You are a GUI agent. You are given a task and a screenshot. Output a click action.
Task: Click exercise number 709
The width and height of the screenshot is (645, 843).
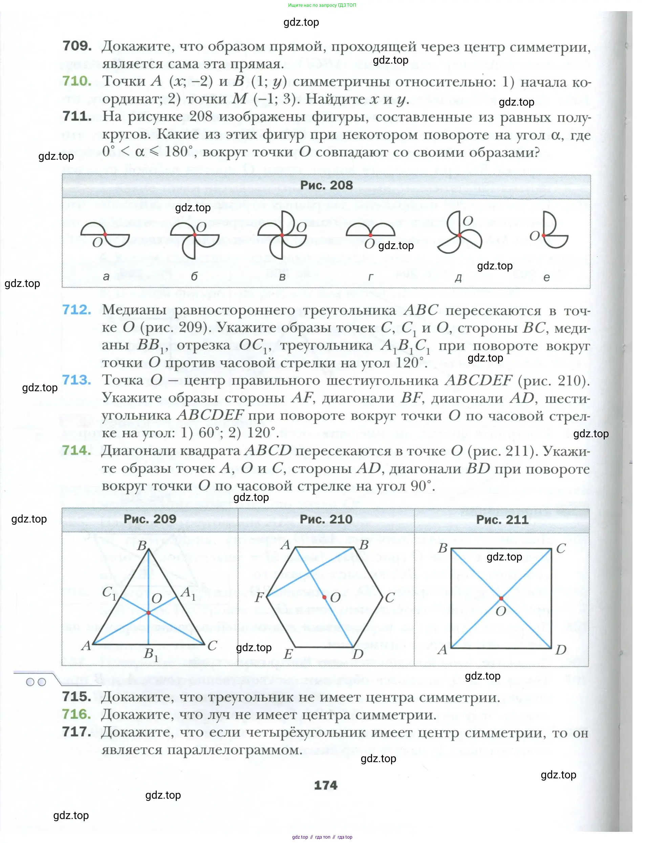(x=77, y=46)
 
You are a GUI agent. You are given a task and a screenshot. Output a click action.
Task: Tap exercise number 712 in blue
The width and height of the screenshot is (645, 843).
(x=77, y=310)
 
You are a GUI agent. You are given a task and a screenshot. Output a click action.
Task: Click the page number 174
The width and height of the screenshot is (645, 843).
(x=326, y=785)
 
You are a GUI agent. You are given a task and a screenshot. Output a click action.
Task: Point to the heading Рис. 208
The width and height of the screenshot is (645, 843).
(x=326, y=185)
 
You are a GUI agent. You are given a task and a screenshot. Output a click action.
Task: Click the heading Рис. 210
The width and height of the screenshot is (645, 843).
(x=326, y=519)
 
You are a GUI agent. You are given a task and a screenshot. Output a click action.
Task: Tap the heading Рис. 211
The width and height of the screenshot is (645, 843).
(x=502, y=519)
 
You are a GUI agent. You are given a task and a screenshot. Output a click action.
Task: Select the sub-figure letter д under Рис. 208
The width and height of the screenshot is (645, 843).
(x=458, y=278)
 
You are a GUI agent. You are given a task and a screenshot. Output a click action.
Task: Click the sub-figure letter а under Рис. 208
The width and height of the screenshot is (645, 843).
(x=106, y=276)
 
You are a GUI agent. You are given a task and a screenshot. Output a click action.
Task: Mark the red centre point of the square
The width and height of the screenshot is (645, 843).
(x=501, y=598)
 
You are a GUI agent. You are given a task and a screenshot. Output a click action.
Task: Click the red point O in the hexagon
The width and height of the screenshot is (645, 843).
(x=324, y=597)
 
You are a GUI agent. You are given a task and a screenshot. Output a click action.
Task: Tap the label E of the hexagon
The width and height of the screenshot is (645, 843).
(x=288, y=654)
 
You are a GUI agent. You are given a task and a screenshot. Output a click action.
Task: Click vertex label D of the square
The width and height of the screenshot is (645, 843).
(x=561, y=650)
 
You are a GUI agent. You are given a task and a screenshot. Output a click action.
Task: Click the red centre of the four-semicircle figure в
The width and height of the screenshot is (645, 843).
(x=282, y=235)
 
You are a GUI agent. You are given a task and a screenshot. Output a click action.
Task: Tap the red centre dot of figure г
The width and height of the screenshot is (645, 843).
(x=370, y=235)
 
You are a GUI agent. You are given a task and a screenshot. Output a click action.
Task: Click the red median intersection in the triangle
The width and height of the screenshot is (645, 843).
(x=149, y=613)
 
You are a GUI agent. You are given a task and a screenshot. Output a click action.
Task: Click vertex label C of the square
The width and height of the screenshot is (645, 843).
(x=561, y=548)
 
